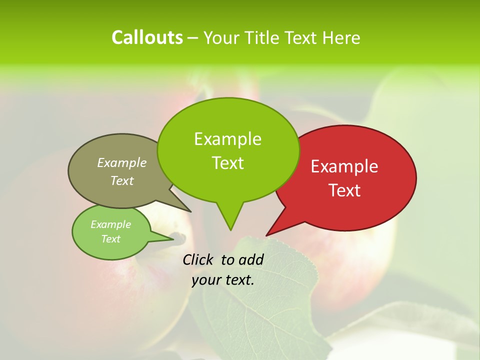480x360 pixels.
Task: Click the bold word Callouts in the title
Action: pyautogui.click(x=147, y=37)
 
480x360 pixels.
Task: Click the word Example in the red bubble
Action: pyautogui.click(x=344, y=166)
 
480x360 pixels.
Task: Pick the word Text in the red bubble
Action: pyautogui.click(x=344, y=190)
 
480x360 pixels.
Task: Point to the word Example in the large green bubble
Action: pyautogui.click(x=227, y=139)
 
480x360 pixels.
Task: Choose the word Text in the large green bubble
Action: pyautogui.click(x=228, y=163)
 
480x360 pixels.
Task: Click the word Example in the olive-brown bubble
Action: pyautogui.click(x=122, y=162)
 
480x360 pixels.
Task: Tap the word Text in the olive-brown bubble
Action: pyautogui.click(x=122, y=180)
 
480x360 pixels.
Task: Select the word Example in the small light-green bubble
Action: pyautogui.click(x=110, y=224)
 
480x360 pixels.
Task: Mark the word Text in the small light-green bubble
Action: pyautogui.click(x=111, y=239)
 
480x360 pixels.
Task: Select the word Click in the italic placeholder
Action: pyautogui.click(x=198, y=259)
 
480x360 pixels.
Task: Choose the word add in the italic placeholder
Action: pyautogui.click(x=251, y=259)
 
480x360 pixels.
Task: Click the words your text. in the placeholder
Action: pyautogui.click(x=223, y=280)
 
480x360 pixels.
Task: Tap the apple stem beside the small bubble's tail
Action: pyautogui.click(x=178, y=236)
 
